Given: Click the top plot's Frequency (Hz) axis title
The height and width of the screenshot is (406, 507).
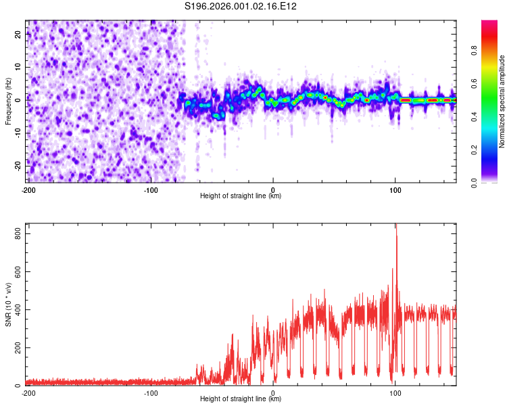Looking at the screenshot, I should (x=8, y=101).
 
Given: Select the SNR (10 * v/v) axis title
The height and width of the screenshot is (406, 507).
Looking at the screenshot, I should (x=8, y=304).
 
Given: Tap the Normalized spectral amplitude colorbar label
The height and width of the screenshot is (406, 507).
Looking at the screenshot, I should (x=502, y=101).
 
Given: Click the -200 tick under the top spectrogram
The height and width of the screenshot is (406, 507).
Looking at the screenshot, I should (x=28, y=189).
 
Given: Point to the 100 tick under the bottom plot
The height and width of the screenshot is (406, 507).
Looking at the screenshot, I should (x=395, y=392).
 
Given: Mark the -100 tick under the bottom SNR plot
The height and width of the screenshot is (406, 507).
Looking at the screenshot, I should (x=151, y=392).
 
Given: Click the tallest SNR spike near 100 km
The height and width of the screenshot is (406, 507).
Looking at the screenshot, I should (x=396, y=227).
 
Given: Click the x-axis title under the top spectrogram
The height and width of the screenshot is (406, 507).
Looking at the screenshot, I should (x=241, y=196).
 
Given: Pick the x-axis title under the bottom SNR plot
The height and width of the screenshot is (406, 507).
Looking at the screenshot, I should (x=241, y=399).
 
